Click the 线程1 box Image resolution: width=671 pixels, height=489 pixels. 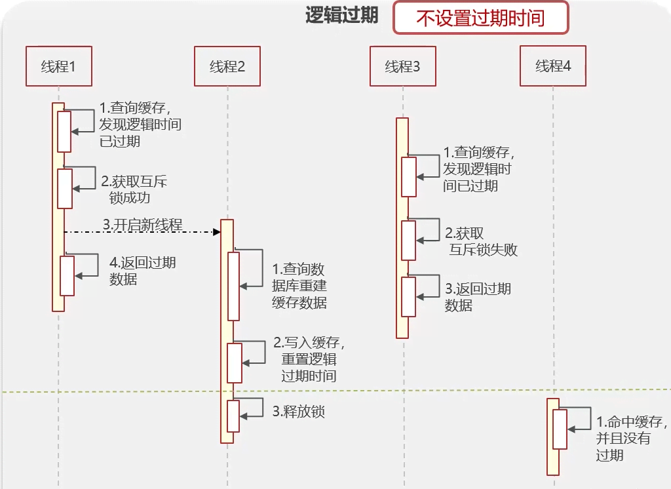coord(59,66)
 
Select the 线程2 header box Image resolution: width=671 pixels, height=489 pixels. coord(227,66)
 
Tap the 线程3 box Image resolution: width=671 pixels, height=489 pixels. coord(403,66)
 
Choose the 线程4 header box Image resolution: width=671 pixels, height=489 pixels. coord(553,66)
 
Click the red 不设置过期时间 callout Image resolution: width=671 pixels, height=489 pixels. coord(480,18)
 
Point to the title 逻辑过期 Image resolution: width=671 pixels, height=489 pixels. coord(341,16)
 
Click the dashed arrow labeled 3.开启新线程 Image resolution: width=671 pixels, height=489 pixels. coord(142,231)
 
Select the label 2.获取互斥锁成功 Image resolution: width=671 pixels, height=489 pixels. coord(134,189)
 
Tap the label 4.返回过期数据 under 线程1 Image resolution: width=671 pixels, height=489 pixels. coord(142,271)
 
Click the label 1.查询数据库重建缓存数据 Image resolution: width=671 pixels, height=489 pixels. coord(299,286)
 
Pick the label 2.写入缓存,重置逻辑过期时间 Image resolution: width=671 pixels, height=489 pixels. coord(309,359)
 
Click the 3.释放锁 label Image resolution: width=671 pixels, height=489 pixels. coord(299,412)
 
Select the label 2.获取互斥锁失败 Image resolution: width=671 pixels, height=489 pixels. coord(481,241)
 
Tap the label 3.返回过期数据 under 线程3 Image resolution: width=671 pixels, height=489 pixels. coord(478,297)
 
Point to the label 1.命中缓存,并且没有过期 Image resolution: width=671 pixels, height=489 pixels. coord(632,438)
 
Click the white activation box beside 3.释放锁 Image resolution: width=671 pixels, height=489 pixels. coord(233,416)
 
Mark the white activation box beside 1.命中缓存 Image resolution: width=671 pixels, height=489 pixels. coord(560,429)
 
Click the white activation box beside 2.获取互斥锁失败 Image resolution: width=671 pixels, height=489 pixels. coord(409,241)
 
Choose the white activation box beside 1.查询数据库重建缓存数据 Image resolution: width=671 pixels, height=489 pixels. coord(234,286)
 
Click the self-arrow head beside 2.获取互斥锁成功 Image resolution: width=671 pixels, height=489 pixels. coord(76,189)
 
